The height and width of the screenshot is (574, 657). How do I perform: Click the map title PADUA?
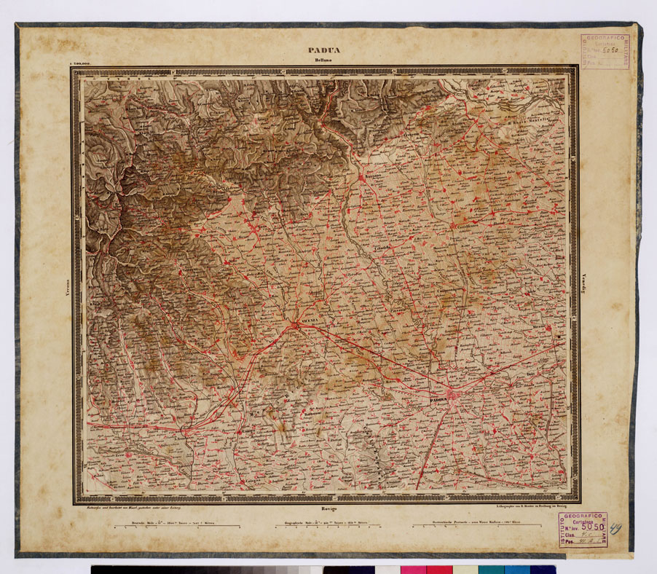[324, 50]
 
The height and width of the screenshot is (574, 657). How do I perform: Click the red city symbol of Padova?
[452, 396]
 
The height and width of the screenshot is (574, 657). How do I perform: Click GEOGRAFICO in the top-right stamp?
[605, 39]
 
